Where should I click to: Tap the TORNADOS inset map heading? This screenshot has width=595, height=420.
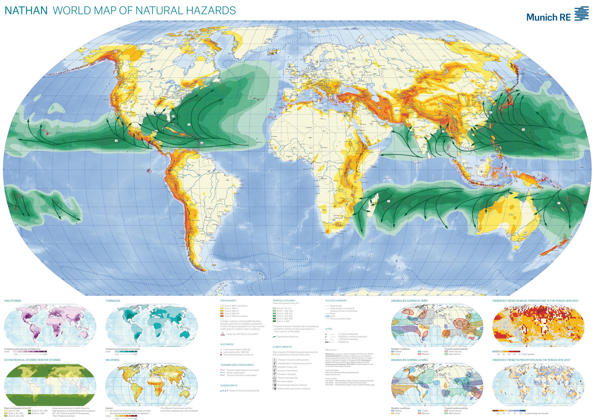pos(113,301)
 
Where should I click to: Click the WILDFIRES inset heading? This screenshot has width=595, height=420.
pos(113,360)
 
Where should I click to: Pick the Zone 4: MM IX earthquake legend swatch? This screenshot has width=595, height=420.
pos(222,316)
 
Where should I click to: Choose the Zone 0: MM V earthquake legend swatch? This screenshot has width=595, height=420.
pos(222,306)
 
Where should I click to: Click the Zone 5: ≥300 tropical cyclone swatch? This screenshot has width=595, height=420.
pos(274,321)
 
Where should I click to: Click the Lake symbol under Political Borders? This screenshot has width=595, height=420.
pos(327,316)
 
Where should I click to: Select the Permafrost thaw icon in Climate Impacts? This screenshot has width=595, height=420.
pos(275,381)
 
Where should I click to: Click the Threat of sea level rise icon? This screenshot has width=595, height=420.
pos(275,378)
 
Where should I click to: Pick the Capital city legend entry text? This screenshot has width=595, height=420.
pos(343,342)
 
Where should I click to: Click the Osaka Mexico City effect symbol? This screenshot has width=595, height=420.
pos(223,334)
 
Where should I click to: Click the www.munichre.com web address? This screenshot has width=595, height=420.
pos(331,375)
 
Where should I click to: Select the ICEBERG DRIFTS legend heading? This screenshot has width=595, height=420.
pos(229,386)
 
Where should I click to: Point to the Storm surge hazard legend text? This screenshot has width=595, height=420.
pos(235,373)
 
